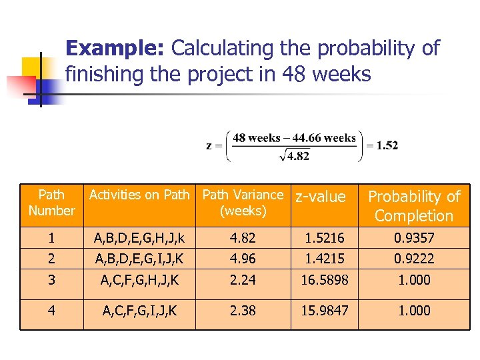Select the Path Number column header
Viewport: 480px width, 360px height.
(51, 203)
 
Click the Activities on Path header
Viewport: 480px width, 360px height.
(139, 195)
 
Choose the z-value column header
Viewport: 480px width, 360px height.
(321, 196)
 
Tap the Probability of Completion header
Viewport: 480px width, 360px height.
(414, 205)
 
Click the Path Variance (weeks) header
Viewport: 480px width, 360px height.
(243, 203)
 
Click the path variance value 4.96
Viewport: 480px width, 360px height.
(243, 258)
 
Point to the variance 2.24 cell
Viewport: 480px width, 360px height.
(243, 280)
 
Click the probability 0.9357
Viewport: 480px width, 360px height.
(414, 237)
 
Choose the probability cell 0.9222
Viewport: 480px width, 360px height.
(414, 258)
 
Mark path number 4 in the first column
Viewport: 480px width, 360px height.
(51, 310)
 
